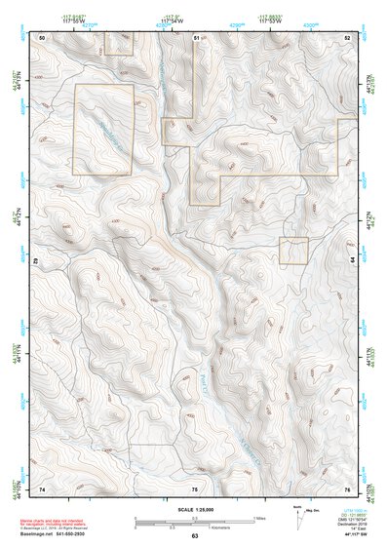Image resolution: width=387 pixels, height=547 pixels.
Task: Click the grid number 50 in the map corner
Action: pos(42,36)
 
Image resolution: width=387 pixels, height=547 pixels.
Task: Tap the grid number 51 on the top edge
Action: pos(195,36)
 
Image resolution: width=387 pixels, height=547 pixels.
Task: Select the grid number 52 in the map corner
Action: pos(348,36)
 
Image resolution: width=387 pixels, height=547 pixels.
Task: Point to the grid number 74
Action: pos(42,488)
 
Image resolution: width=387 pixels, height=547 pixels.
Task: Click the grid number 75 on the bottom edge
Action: pos(195,488)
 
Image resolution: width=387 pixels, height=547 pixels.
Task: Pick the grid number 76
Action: pos(348,488)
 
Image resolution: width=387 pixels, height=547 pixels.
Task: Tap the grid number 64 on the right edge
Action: pos(352,261)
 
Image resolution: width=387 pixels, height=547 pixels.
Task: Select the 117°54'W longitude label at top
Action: pos(172,20)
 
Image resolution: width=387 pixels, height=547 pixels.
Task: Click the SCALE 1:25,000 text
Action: pos(195,509)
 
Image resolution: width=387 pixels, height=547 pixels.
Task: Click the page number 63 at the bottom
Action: pos(195,536)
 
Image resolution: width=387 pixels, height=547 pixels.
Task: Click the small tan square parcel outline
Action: pos(293,251)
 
